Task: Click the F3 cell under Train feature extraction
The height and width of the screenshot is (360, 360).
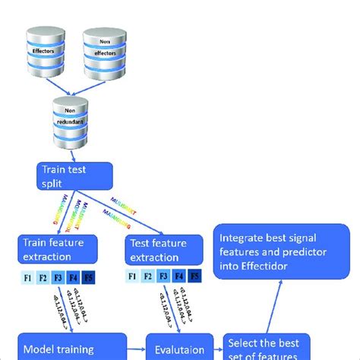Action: pyautogui.click(x=58, y=277)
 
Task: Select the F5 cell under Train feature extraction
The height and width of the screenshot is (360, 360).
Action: pyautogui.click(x=90, y=277)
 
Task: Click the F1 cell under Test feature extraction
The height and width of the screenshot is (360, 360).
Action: pyautogui.click(x=134, y=277)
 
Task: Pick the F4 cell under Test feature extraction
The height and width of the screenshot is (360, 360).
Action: pyautogui.click(x=181, y=277)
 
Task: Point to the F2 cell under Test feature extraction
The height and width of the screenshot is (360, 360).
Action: pyautogui.click(x=150, y=277)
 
